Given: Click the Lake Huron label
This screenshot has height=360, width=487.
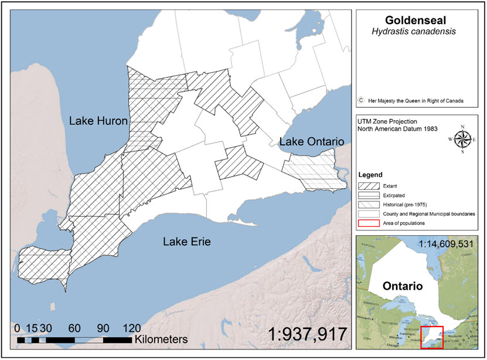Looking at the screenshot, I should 98,121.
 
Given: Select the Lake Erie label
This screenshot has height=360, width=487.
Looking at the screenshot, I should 186,242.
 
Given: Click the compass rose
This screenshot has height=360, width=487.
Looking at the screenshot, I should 462,139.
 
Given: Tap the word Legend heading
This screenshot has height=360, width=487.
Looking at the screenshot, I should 370,175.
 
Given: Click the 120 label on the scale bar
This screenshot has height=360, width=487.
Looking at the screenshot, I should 131,328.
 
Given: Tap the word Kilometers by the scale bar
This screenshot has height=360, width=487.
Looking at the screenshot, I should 161,339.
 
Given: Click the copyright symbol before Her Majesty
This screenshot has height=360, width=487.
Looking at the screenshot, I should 362,101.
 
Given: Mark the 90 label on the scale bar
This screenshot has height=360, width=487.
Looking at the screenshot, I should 103,328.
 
